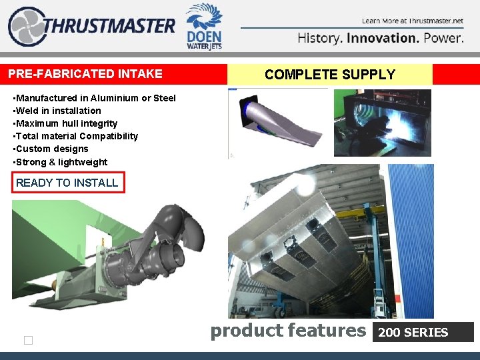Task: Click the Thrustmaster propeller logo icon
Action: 26,27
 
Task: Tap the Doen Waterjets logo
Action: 204,26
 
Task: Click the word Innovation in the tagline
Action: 383,38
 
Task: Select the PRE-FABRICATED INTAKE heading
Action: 85,73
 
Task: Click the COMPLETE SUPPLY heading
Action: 330,75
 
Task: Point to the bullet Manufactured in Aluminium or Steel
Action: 95,98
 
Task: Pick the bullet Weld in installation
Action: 57,111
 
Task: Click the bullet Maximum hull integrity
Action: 65,123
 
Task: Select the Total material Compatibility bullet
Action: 76,136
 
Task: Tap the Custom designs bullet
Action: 51,149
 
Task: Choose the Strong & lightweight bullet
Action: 60,162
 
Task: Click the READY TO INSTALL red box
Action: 67,183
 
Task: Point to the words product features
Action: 288,330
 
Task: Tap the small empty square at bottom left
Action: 28,341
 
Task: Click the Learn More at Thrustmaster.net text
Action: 413,21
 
